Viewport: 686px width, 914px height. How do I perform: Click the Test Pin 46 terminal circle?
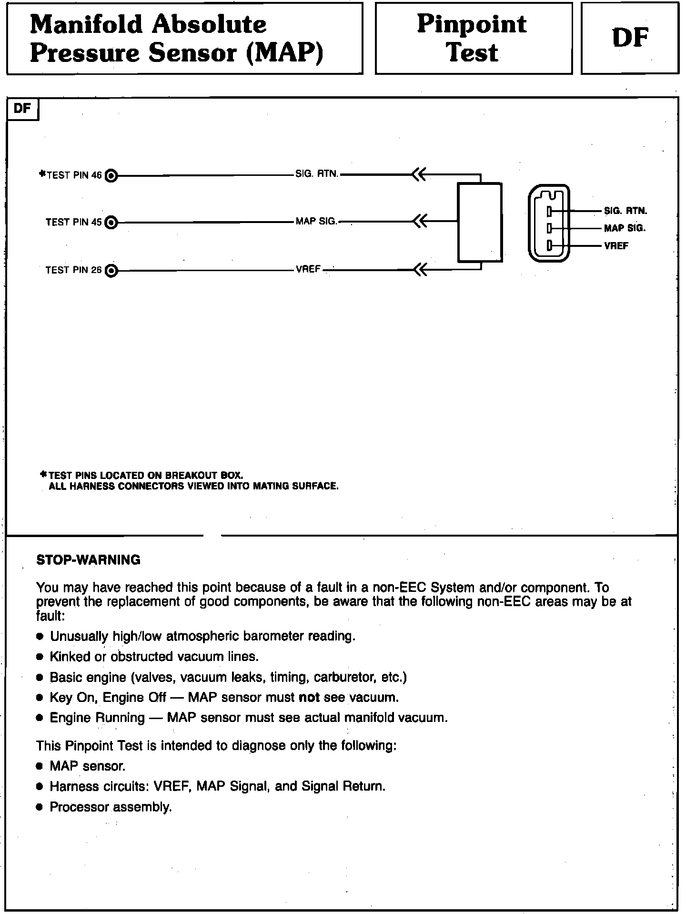click(111, 176)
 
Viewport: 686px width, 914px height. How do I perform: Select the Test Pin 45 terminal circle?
click(111, 223)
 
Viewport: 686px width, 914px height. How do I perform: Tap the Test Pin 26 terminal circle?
click(111, 271)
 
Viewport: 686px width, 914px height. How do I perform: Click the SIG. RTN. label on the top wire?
click(317, 174)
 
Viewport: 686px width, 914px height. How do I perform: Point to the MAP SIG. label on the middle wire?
click(316, 222)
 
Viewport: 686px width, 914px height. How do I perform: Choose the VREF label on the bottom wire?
click(308, 269)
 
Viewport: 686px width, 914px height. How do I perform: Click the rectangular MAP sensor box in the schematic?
click(480, 223)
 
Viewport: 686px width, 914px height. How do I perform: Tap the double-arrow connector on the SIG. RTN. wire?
click(418, 175)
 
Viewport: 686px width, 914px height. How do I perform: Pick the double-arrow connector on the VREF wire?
click(418, 270)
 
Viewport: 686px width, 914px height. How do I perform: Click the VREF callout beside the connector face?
click(616, 246)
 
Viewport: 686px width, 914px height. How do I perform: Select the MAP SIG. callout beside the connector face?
click(625, 228)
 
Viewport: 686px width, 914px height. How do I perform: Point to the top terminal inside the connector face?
click(549, 211)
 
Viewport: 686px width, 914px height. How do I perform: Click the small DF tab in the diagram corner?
click(22, 109)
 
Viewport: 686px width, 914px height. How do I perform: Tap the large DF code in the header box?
click(630, 38)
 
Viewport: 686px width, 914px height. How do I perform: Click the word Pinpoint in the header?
click(472, 24)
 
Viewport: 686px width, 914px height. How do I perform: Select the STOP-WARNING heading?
click(89, 559)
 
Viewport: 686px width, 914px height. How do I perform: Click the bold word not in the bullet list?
click(309, 698)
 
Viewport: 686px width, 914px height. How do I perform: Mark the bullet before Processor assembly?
click(40, 807)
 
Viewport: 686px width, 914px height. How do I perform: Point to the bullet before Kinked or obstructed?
click(40, 657)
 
